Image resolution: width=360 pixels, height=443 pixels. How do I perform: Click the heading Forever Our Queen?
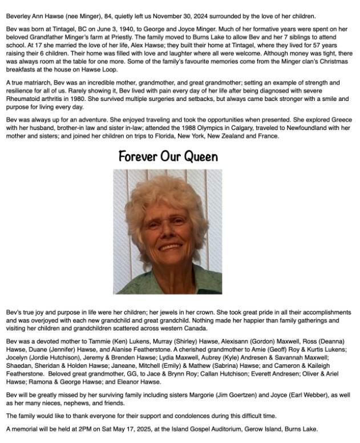[x=168, y=156]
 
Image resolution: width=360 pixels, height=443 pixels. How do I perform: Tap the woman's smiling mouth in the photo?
[x=169, y=246]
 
